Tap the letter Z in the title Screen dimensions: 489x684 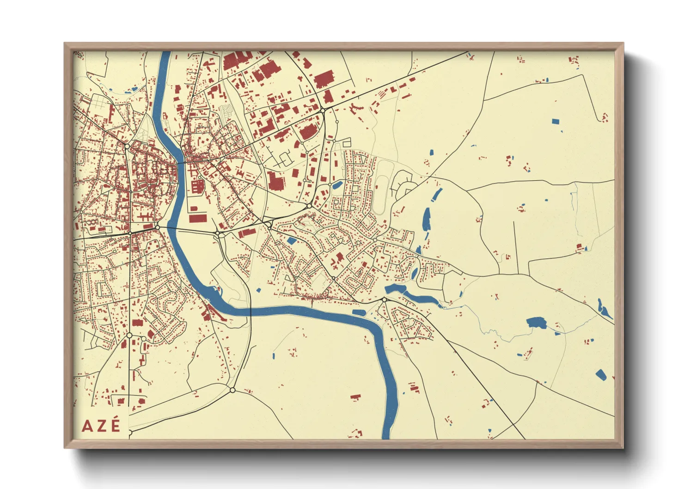pyautogui.click(x=101, y=426)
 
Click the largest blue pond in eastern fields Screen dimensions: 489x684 pyautogui.click(x=536, y=322)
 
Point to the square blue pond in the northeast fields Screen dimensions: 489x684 pyautogui.click(x=555, y=122)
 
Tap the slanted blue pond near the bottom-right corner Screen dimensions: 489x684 pyautogui.click(x=600, y=375)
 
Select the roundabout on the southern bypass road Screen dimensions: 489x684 pyautogui.click(x=232, y=390)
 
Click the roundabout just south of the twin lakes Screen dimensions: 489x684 pyautogui.click(x=384, y=300)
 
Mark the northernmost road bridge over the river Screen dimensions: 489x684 pyautogui.click(x=181, y=162)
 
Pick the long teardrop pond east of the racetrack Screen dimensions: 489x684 pyautogui.click(x=426, y=219)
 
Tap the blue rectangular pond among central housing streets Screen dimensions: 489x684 pyautogui.click(x=292, y=240)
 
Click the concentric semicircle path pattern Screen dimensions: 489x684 pyautogui.click(x=226, y=111)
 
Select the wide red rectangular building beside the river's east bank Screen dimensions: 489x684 pyautogui.click(x=198, y=218)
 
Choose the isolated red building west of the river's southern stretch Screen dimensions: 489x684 pyautogui.click(x=355, y=397)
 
